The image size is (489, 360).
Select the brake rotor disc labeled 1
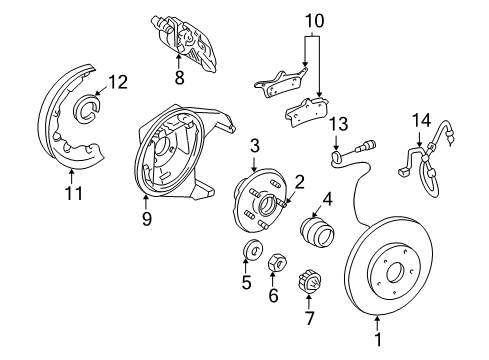(x=391, y=271)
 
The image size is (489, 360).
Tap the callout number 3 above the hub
(x=255, y=146)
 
